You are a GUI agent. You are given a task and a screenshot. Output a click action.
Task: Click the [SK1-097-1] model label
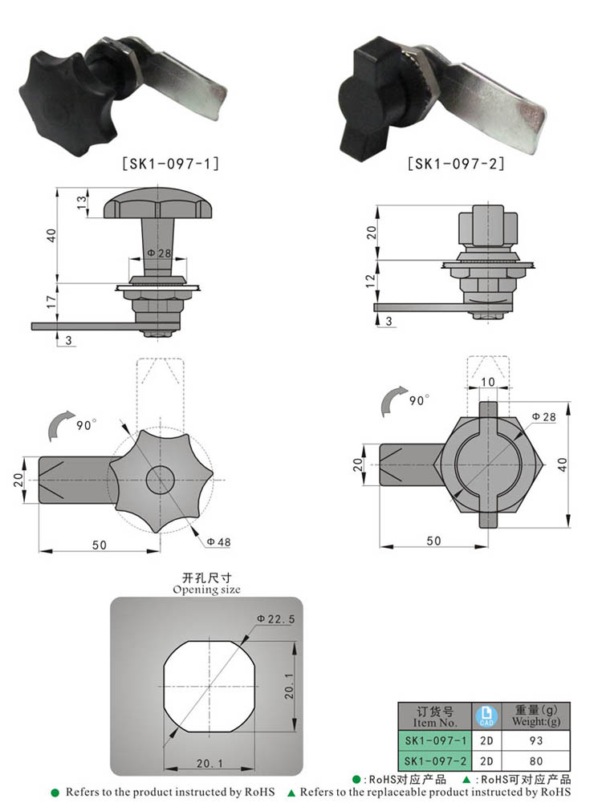click(x=170, y=163)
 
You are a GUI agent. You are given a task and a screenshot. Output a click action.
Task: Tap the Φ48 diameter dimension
click(x=218, y=542)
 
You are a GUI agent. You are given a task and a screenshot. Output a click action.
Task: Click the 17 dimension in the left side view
click(x=49, y=302)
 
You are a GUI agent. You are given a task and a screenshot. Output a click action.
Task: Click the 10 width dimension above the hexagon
click(x=488, y=383)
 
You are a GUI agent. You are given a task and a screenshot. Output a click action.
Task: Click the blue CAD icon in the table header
click(x=485, y=716)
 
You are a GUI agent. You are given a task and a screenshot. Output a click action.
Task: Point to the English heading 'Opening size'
click(x=206, y=590)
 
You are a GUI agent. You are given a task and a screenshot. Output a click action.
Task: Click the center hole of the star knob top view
click(x=161, y=480)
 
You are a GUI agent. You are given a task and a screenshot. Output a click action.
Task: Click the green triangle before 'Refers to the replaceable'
click(x=292, y=793)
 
